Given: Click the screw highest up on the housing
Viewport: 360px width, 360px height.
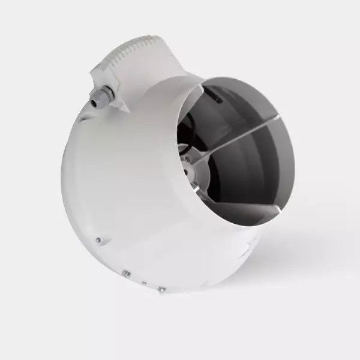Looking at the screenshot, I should click(x=98, y=239).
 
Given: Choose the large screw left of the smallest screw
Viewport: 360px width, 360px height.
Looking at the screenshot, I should click(x=126, y=274).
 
